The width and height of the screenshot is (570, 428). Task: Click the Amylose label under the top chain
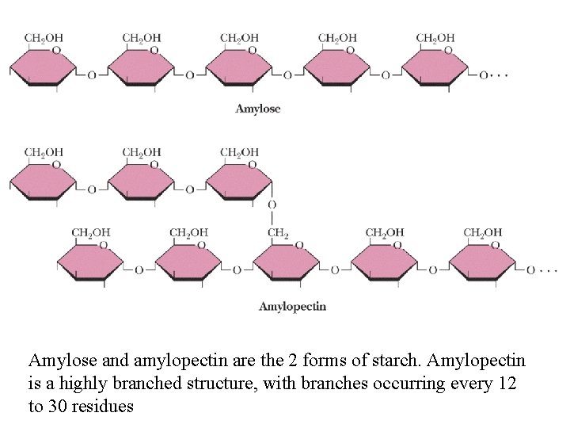[257, 109]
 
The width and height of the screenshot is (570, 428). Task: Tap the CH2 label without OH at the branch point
[278, 232]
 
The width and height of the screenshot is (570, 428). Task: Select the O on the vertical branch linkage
[272, 205]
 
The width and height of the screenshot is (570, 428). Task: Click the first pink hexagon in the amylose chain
[43, 67]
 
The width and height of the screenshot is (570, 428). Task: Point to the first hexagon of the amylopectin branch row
[43, 182]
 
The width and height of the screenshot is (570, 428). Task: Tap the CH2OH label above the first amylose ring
[44, 37]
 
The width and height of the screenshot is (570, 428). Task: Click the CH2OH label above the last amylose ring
[435, 37]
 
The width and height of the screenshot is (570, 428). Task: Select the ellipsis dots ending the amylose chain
[498, 75]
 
